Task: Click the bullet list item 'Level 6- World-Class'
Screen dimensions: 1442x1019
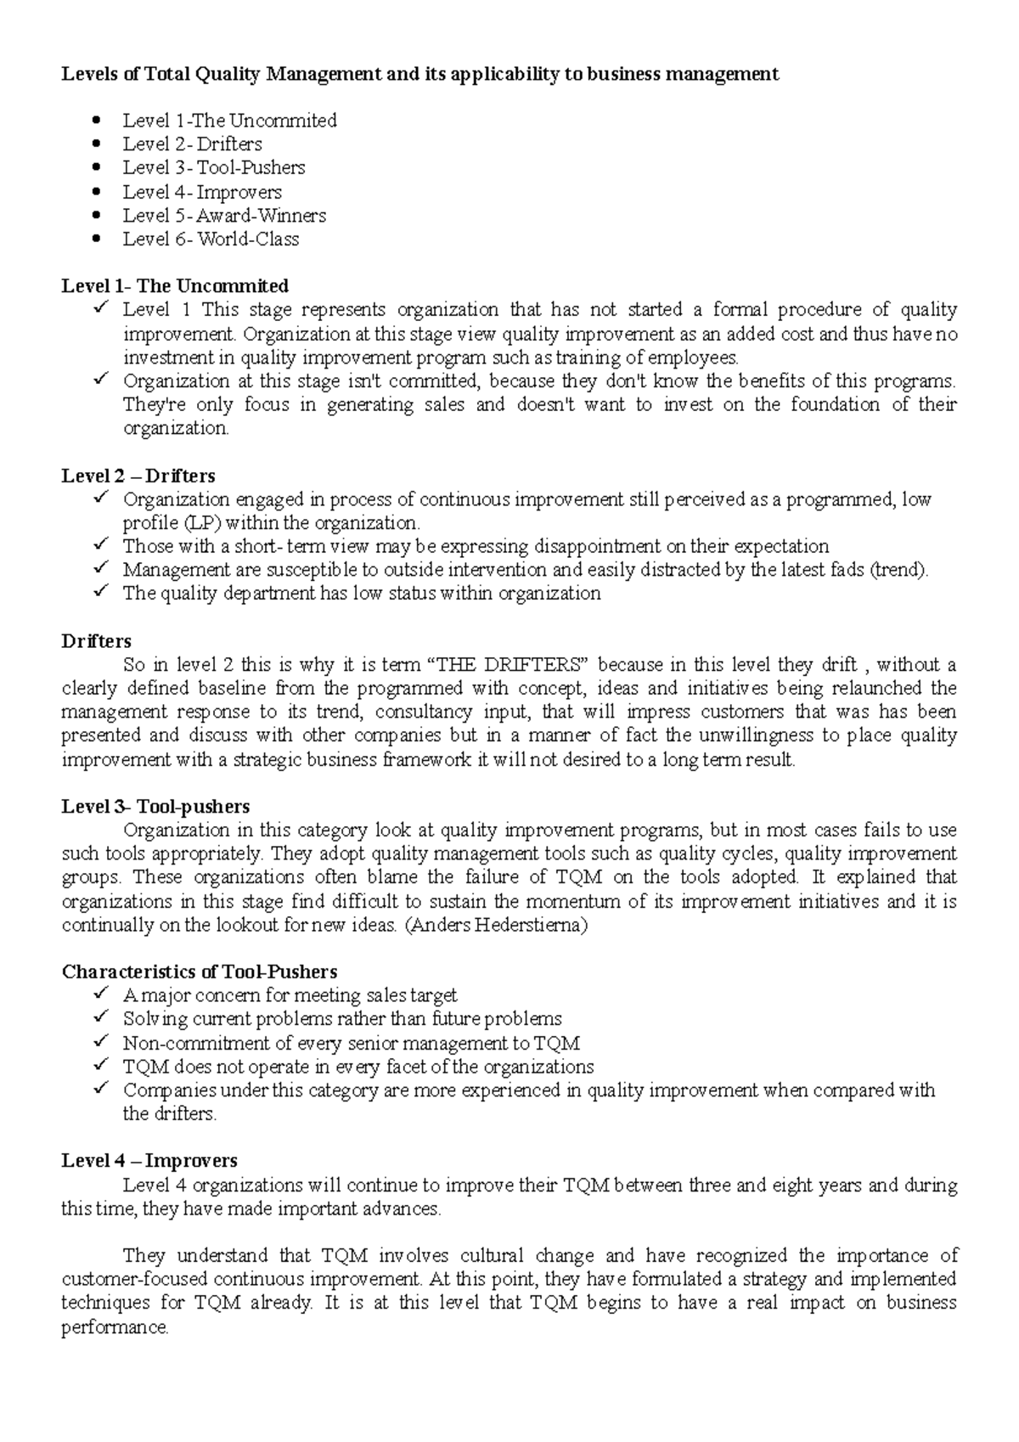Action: coord(211,239)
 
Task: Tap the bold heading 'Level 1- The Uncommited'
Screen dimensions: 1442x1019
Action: coord(175,285)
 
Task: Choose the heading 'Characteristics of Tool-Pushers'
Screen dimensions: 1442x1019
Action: coord(200,972)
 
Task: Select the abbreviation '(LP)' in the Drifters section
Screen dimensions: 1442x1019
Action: coord(201,523)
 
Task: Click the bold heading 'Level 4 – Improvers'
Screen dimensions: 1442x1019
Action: coord(149,1161)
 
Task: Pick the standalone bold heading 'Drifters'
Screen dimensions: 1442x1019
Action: coord(96,641)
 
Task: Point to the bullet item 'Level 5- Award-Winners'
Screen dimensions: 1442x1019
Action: coord(224,216)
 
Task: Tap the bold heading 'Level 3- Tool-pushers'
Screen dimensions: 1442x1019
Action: coord(155,806)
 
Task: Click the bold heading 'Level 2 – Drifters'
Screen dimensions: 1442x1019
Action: coord(138,476)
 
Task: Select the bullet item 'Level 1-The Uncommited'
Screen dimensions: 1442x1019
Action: coord(229,121)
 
